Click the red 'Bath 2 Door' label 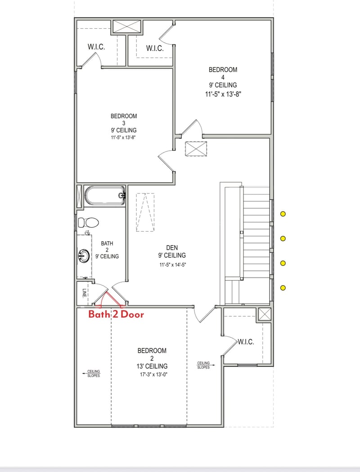[x=116, y=314]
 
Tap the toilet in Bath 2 [x=89, y=222]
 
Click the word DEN [x=172, y=247]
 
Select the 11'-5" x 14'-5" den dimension [x=172, y=265]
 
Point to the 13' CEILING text [x=152, y=366]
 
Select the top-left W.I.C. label [x=96, y=47]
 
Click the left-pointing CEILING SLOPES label [x=94, y=373]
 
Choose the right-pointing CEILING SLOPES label [x=204, y=365]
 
